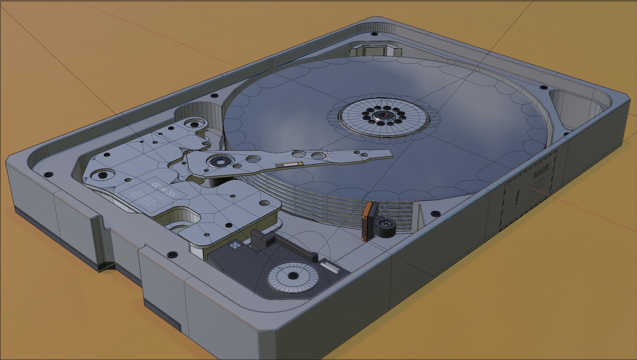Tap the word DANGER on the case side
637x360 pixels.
coord(540,171)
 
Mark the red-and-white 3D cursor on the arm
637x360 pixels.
coord(328,155)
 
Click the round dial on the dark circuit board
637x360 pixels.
coord(293,275)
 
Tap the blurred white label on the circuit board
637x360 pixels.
coord(329,267)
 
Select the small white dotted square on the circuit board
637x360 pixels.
coord(235,246)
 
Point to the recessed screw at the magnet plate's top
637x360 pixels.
coord(193,124)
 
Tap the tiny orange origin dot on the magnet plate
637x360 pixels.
coord(141,175)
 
